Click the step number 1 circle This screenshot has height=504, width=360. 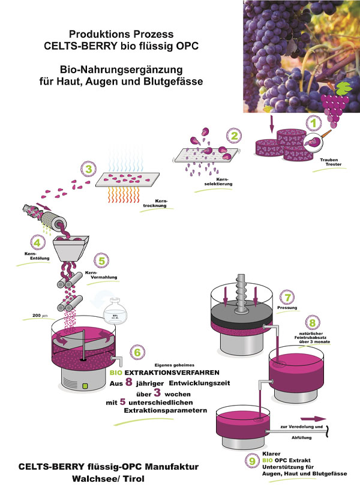312,123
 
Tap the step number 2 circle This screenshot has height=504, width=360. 235,136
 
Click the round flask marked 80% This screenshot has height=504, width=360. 114,314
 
